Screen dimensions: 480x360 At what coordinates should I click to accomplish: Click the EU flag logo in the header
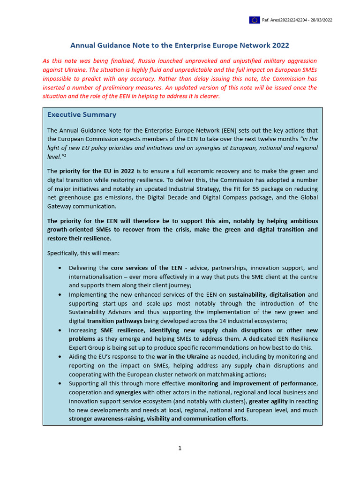point(255,20)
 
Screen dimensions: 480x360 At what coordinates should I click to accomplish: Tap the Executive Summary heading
point(82,115)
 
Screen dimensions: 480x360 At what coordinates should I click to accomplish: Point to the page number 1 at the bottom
point(180,448)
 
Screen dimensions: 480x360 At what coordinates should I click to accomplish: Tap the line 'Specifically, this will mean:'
point(83,253)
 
